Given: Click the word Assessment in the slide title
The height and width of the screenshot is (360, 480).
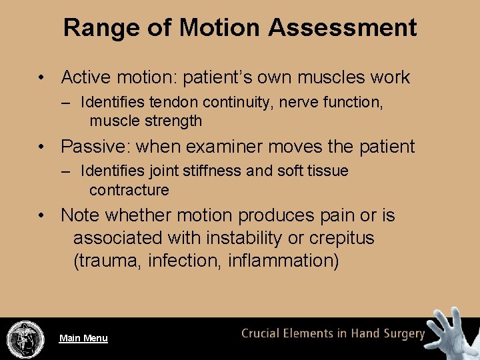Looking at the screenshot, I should coord(343,28).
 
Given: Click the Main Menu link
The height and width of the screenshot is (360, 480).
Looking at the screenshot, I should coord(83,338).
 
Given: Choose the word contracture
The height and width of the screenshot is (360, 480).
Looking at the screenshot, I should coord(129,190).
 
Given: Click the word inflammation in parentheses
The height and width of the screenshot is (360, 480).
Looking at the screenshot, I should coord(283,261).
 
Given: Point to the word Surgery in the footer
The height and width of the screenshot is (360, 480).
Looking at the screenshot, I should coord(402,334).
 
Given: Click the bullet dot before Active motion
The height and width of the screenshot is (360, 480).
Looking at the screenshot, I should coord(42,77).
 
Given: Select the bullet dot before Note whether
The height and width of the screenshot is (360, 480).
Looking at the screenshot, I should coord(42,216).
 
